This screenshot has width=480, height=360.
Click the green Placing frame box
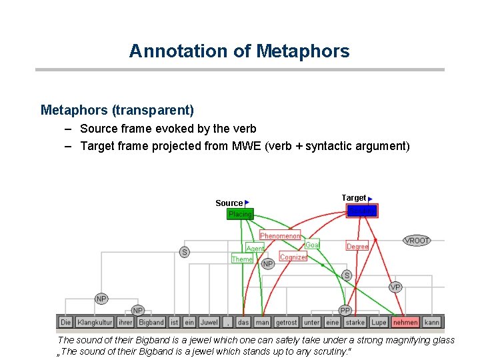240,214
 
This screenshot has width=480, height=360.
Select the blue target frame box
362,211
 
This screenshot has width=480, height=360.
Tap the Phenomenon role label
280,236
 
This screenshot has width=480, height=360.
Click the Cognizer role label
293,257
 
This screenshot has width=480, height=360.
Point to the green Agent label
255,249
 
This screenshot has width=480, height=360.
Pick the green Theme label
242,259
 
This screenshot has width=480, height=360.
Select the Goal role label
312,245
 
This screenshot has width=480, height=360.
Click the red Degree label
357,247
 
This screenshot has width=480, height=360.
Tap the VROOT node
417,241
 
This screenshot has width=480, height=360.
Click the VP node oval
395,287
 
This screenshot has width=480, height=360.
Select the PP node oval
345,310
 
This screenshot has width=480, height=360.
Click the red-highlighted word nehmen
405,323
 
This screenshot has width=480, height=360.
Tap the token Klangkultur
95,323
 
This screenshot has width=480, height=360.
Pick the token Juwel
209,323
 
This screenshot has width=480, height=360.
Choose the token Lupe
379,323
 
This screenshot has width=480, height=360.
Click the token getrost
287,323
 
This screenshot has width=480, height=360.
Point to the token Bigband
151,323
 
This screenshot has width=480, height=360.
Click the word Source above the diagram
229,203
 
